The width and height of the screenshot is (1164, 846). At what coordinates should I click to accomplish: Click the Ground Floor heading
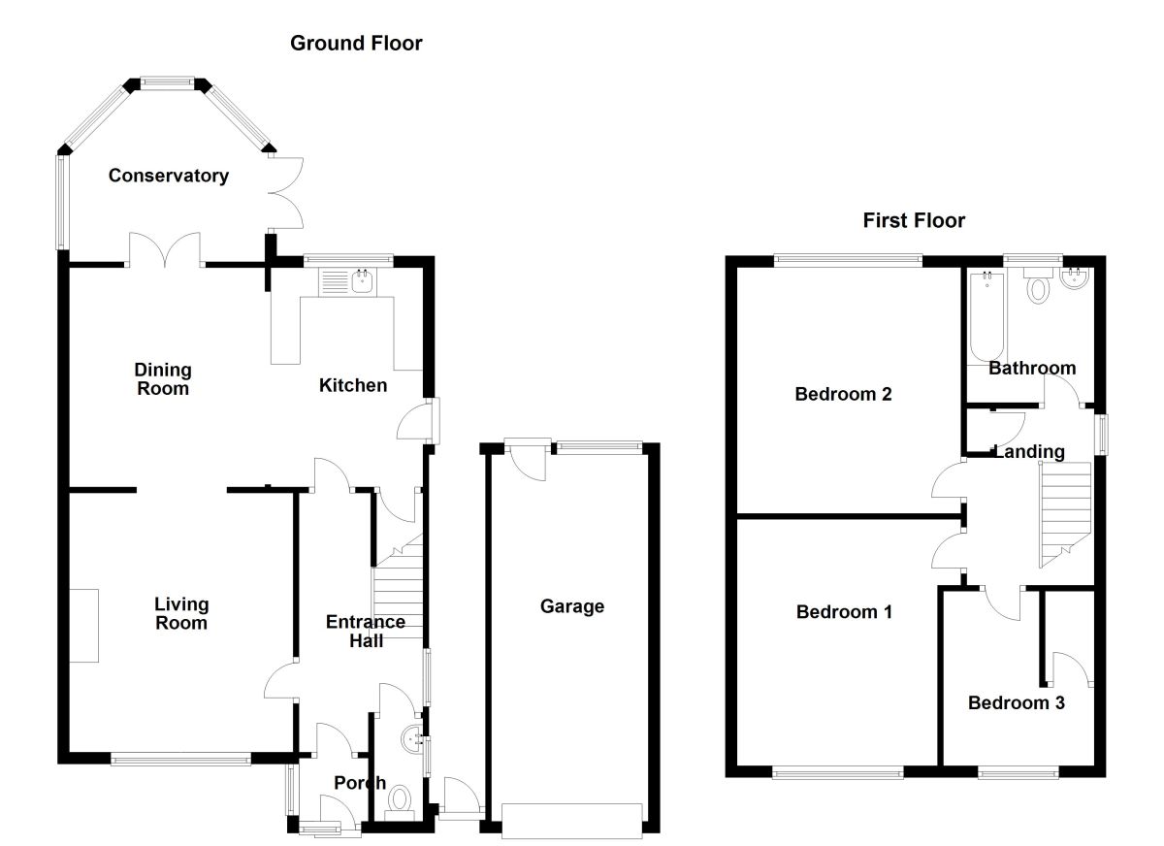(356, 43)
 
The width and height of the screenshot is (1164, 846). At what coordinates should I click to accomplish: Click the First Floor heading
(914, 221)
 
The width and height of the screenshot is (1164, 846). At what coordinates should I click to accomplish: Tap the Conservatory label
(169, 176)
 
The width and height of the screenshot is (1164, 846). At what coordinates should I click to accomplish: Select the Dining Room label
(163, 379)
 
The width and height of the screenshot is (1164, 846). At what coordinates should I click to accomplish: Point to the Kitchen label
(353, 385)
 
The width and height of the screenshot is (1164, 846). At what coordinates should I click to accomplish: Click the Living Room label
(180, 613)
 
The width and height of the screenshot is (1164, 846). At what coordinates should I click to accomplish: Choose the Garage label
(571, 606)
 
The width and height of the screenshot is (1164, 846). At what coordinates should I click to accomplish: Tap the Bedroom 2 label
(843, 394)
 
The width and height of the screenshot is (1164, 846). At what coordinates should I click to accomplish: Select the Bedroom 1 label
(844, 612)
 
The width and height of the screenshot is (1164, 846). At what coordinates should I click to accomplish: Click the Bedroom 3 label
(1016, 702)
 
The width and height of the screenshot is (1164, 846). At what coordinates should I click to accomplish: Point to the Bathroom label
(1032, 368)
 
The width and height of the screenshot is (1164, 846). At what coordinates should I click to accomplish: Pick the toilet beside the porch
(400, 801)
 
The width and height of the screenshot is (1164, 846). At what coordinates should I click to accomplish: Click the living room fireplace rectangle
(83, 626)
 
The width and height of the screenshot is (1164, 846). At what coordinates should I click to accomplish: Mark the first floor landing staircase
(1065, 514)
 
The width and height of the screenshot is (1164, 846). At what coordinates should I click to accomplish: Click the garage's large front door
(571, 820)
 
